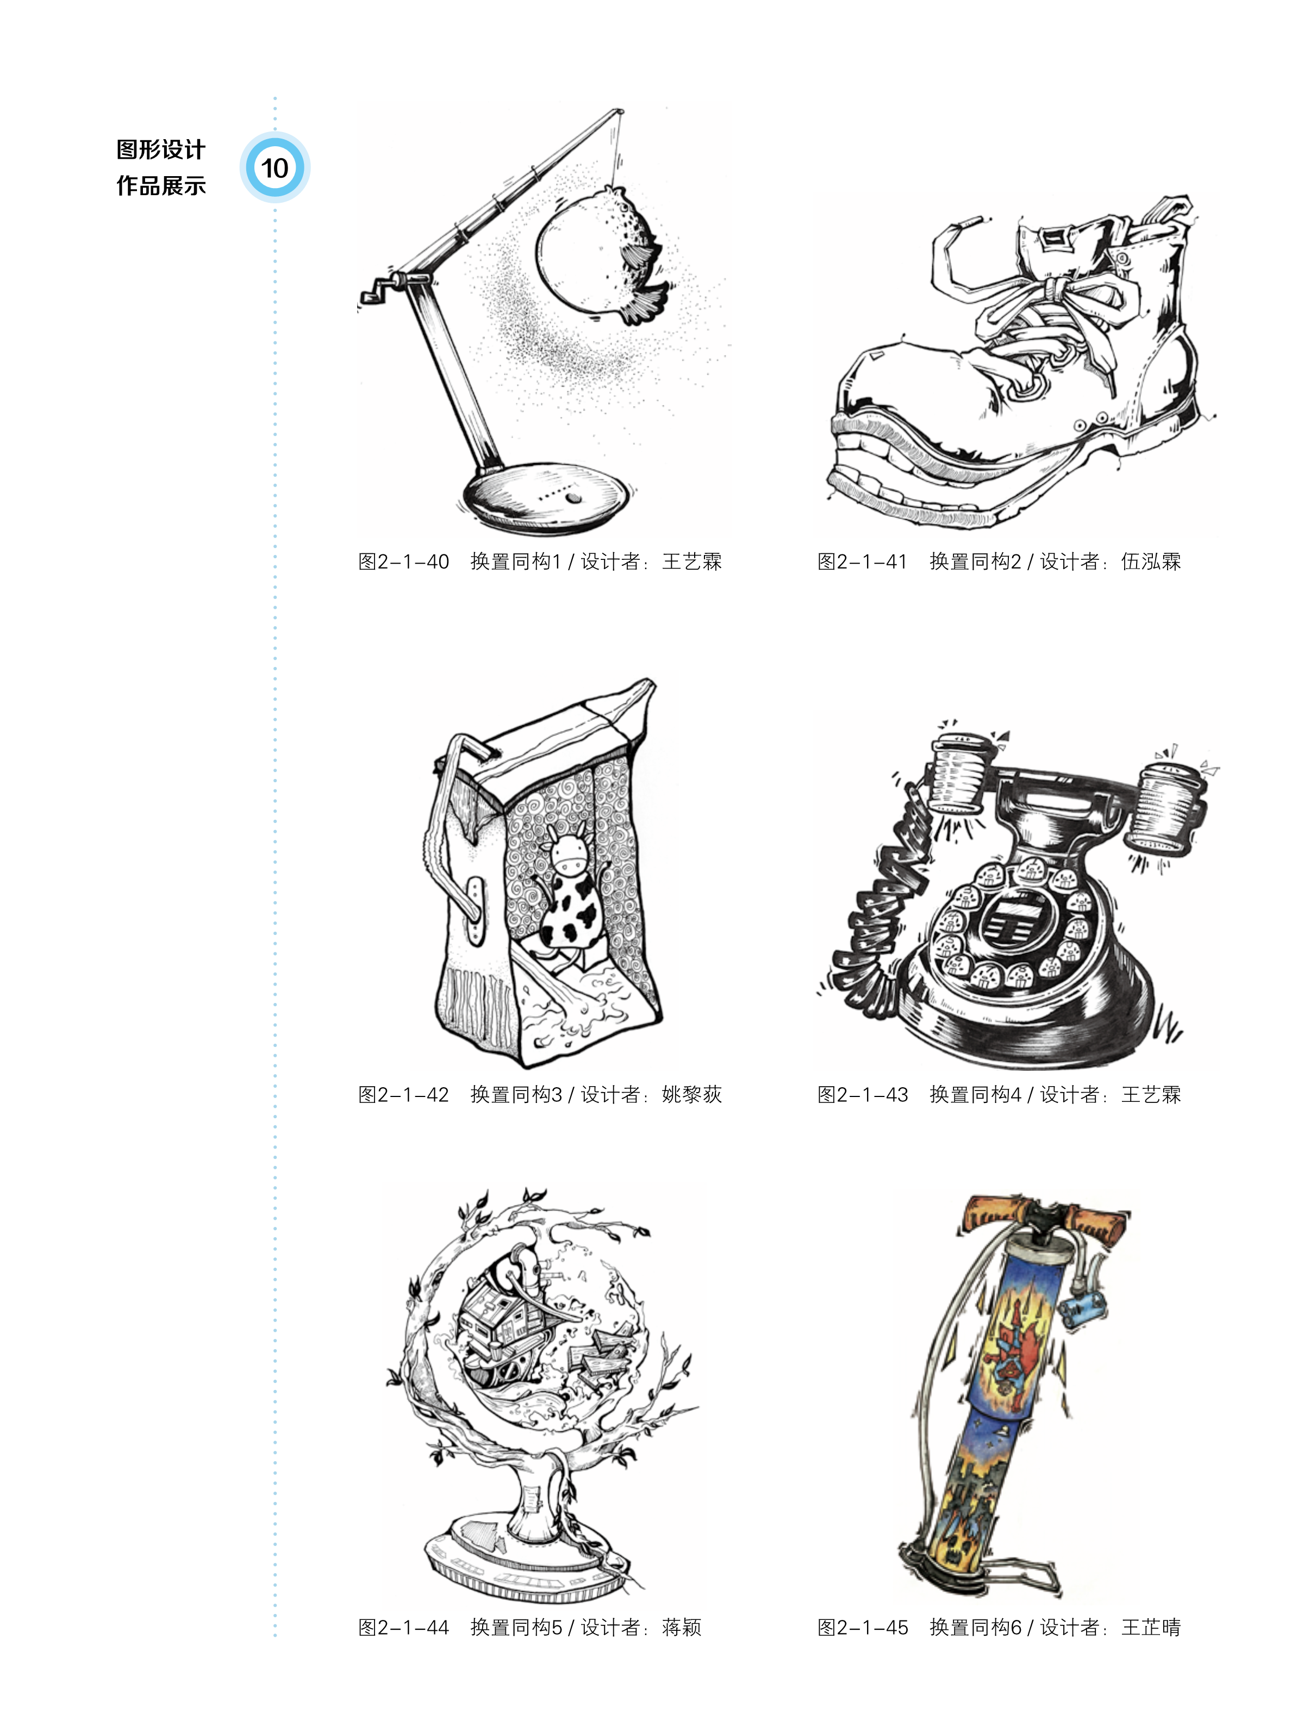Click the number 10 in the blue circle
pyautogui.click(x=274, y=167)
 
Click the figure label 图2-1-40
pyautogui.click(x=403, y=562)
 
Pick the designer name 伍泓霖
pyautogui.click(x=1151, y=562)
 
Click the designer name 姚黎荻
pyautogui.click(x=691, y=1094)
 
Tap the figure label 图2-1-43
pyautogui.click(x=863, y=1094)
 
